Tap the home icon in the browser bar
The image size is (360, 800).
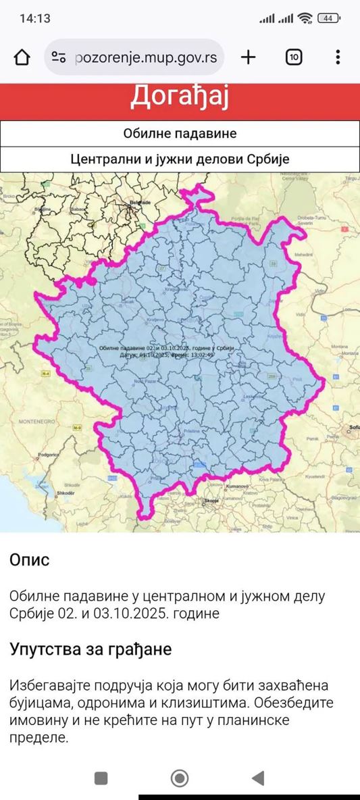(x=22, y=57)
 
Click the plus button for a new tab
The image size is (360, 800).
(x=249, y=57)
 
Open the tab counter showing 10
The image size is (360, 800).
(x=294, y=57)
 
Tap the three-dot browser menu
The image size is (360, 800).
(x=338, y=57)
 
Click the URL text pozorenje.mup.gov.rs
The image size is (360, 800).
(x=146, y=57)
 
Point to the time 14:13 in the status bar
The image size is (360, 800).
(x=35, y=18)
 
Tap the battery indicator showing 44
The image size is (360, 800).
(x=328, y=18)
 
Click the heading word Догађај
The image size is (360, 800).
(x=180, y=96)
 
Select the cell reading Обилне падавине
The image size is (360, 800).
(x=180, y=133)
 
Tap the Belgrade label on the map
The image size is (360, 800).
(x=140, y=202)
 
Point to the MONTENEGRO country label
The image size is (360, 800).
(x=36, y=421)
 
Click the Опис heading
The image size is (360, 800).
(x=30, y=560)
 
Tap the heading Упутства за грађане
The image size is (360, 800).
(x=91, y=649)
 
